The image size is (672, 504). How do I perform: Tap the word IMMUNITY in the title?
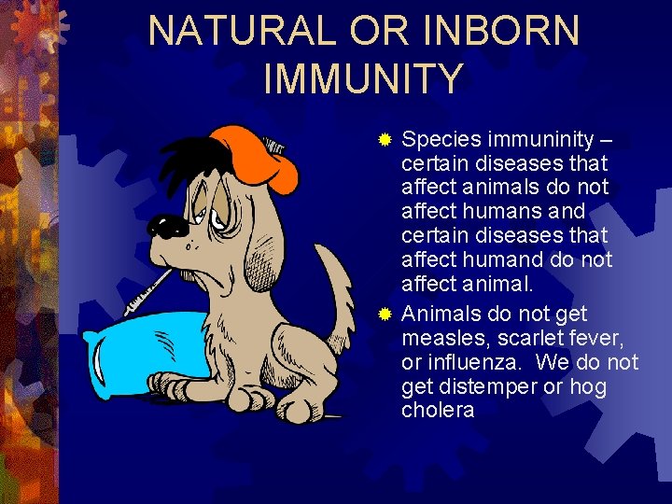point(363,78)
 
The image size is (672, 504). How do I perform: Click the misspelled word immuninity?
point(536,140)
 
